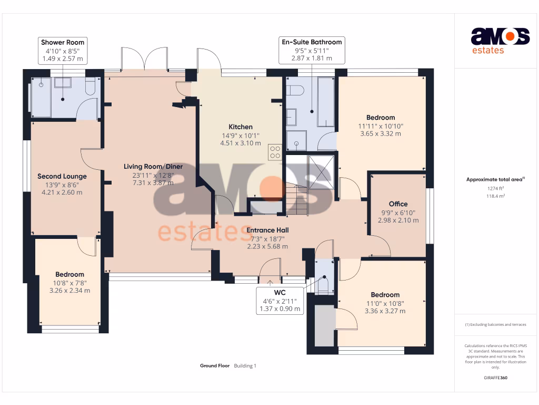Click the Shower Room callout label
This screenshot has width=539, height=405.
(63, 51)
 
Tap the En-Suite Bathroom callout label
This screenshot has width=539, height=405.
(312, 50)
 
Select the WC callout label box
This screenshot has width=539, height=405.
(280, 301)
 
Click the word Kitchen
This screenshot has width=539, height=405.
(240, 127)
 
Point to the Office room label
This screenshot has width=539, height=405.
(398, 204)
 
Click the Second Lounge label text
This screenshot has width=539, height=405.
(62, 176)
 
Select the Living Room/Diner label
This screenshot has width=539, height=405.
(153, 167)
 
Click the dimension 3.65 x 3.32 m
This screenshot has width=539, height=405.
(381, 134)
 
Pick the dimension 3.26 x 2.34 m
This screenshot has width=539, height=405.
(69, 290)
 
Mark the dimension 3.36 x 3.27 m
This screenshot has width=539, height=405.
(385, 311)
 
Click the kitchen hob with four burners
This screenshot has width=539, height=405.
(275, 152)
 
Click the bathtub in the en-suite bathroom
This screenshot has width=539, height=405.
(326, 102)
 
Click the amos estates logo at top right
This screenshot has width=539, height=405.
(500, 41)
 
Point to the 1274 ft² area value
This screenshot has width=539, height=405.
(495, 188)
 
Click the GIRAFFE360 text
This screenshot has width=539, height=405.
(495, 378)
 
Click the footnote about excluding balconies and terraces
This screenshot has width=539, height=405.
(495, 324)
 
